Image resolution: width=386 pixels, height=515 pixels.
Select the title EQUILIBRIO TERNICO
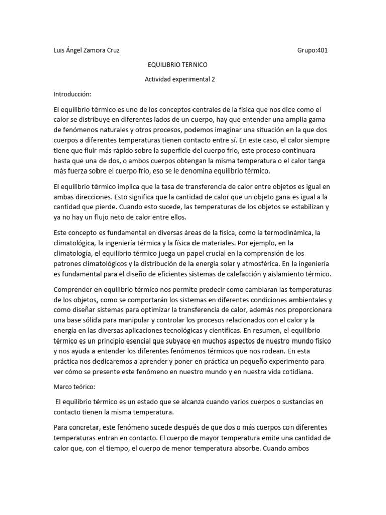point(176,65)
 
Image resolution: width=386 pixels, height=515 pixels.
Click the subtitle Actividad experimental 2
point(176,79)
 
